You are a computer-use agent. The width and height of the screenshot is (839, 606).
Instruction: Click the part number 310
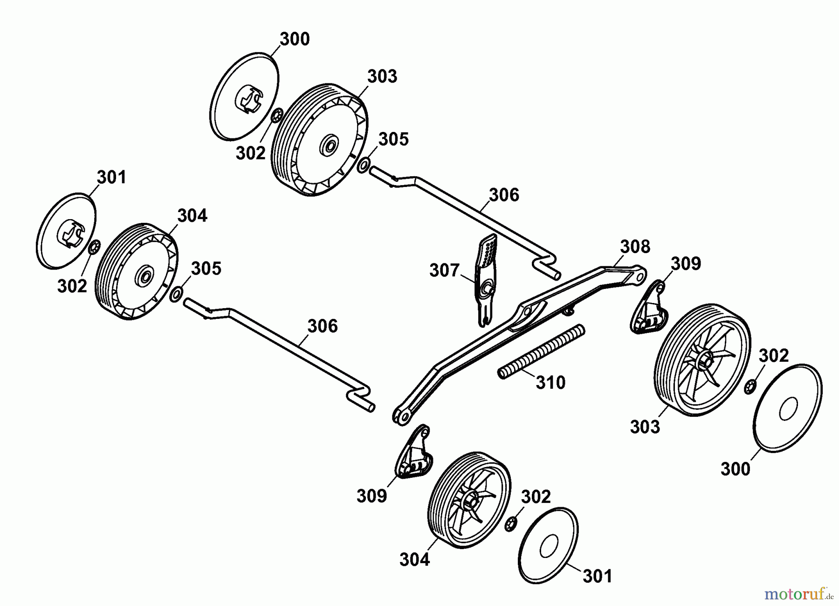tap(550, 383)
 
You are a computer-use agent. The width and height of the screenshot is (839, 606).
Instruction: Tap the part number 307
tap(444, 270)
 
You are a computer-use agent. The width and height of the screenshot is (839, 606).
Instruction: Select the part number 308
tap(635, 247)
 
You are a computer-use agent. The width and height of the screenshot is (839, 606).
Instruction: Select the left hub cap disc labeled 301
tap(66, 231)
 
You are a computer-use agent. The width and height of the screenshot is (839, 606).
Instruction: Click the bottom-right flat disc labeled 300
tap(788, 408)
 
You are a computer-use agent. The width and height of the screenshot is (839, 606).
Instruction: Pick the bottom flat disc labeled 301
tap(548, 545)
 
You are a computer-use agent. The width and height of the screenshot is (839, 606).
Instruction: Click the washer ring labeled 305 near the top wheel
tap(364, 165)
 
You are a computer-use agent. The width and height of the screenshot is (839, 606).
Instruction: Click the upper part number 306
tap(504, 195)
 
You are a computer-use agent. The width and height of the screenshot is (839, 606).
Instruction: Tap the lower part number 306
tap(323, 326)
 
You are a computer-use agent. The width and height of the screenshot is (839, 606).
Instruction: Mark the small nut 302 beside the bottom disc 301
tap(510, 523)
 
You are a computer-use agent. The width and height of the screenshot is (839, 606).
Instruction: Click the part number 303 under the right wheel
tap(645, 427)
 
